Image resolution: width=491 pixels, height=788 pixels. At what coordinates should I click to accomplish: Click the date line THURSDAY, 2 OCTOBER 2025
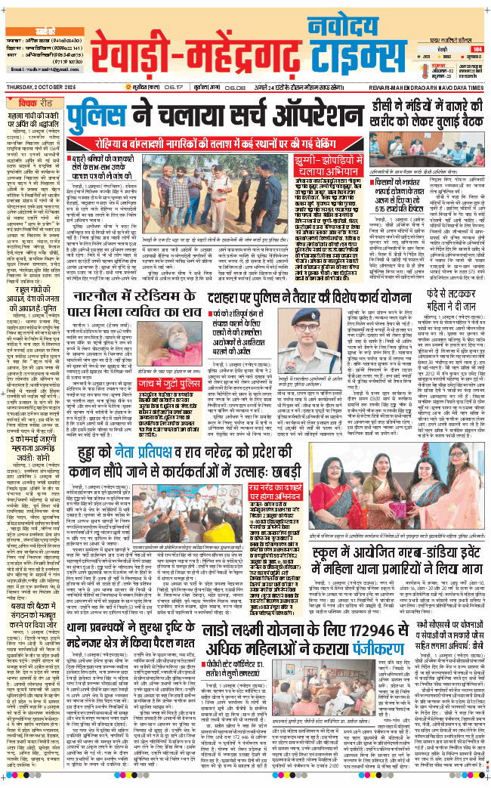pos(46,88)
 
